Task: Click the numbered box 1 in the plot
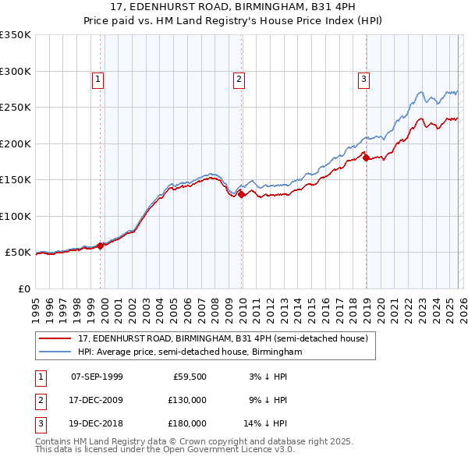coord(97,78)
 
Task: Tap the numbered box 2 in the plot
coord(238,78)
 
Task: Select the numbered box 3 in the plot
coord(364,78)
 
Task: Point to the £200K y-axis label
coord(16,143)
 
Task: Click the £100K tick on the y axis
coord(16,216)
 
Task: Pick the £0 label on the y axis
coord(23,288)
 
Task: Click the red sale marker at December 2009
coord(242,195)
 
